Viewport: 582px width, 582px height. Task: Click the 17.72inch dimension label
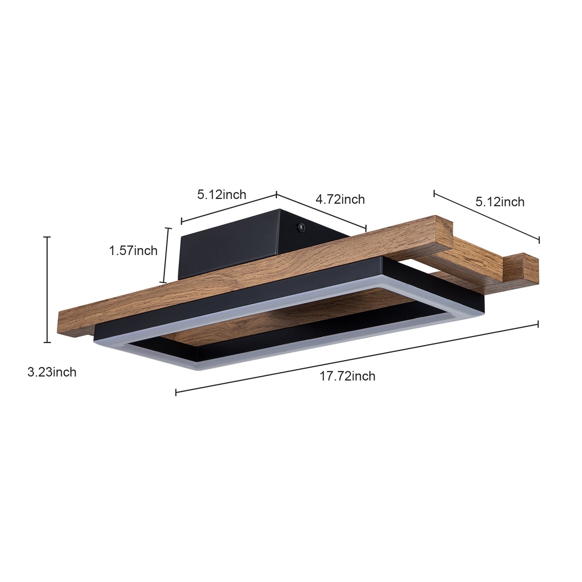click(347, 376)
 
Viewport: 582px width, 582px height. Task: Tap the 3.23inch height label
click(52, 372)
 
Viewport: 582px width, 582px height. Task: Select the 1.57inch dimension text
click(133, 251)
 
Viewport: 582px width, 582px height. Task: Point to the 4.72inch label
click(340, 199)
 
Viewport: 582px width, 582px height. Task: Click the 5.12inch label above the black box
click(222, 195)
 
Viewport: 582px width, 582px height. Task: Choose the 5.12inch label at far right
click(500, 201)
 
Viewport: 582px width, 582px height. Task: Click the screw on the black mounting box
click(300, 228)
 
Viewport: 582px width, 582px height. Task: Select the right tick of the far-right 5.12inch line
click(539, 240)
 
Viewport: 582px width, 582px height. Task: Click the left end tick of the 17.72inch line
click(176, 392)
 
